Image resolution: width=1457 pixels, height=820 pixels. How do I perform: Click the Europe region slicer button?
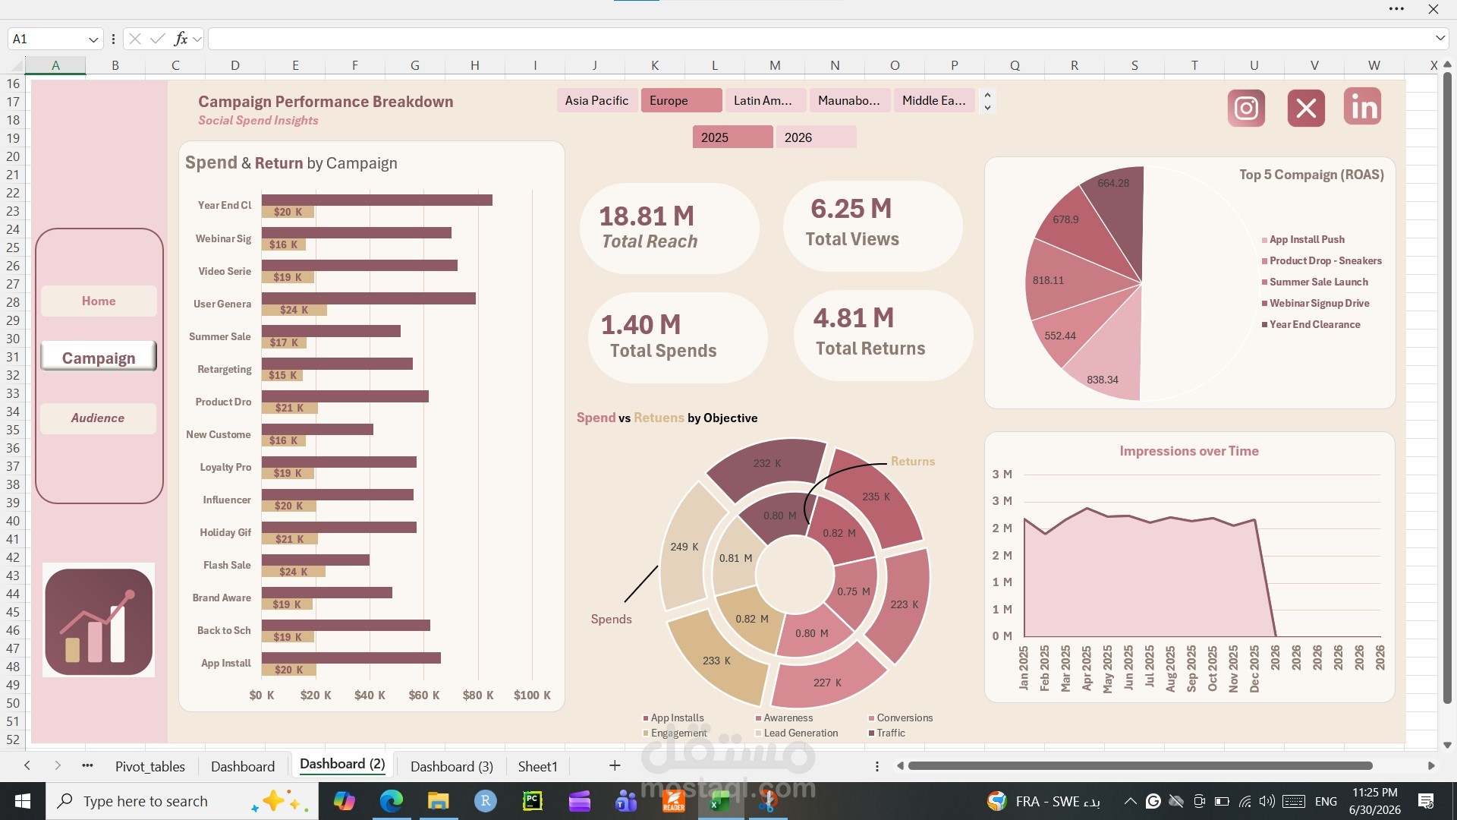click(681, 100)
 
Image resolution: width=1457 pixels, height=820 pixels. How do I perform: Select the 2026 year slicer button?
click(816, 137)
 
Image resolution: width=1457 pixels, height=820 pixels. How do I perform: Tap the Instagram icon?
click(1246, 108)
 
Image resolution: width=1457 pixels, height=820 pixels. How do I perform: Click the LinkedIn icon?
click(1362, 107)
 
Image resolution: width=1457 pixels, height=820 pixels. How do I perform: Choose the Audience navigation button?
click(98, 418)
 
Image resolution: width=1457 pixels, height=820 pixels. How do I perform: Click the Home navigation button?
click(99, 301)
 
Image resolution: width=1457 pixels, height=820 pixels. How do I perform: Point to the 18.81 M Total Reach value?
click(647, 216)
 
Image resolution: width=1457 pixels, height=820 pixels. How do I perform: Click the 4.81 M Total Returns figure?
click(854, 318)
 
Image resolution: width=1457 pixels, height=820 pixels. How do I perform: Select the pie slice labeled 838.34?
click(1105, 373)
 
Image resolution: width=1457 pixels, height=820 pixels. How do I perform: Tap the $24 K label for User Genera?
click(294, 310)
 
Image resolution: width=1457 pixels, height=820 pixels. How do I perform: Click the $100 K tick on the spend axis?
click(532, 695)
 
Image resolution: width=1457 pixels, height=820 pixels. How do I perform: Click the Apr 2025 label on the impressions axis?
click(1087, 668)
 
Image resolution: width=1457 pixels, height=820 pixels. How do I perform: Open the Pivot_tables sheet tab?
click(150, 767)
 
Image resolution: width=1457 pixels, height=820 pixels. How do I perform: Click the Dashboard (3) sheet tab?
click(452, 767)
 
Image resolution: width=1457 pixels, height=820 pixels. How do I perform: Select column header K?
click(654, 65)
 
